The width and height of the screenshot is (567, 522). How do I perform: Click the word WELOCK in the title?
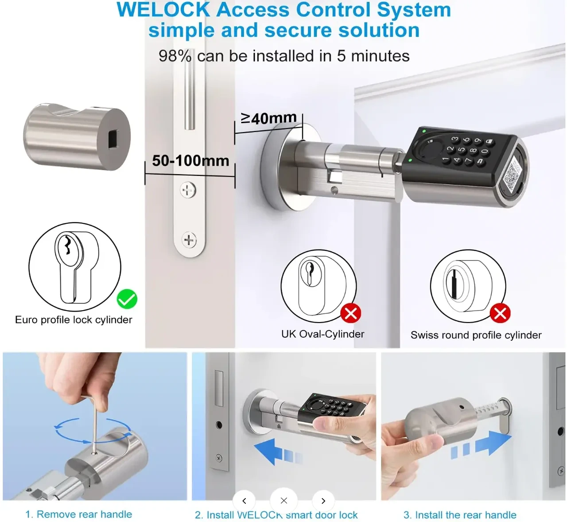coord(163,10)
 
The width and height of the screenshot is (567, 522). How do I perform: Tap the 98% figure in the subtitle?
coord(175,56)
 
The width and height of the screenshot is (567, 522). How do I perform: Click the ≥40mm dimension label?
coord(268,118)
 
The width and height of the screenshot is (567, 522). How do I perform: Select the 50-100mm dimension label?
coord(190,160)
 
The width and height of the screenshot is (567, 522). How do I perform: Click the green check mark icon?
coord(127,300)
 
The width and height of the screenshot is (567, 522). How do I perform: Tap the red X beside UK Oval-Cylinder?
coord(351,314)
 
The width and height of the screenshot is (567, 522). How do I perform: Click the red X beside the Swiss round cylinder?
coord(500,314)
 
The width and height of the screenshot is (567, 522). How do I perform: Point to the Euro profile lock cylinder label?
coord(74,320)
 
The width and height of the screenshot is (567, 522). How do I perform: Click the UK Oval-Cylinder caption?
coord(322,334)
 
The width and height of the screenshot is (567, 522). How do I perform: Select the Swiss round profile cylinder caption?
coord(476,335)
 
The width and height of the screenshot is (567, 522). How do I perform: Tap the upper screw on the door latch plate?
coord(188,191)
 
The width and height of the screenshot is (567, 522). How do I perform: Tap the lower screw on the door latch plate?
coord(189,240)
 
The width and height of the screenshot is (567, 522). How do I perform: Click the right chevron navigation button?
coord(323,501)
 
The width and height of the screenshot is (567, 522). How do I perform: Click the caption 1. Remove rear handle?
coord(79,514)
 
